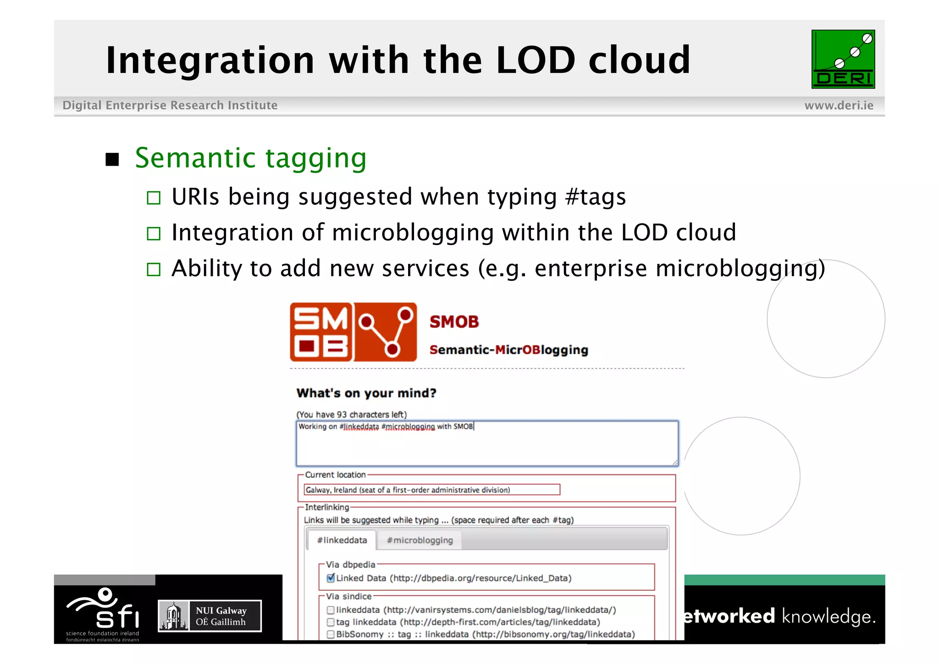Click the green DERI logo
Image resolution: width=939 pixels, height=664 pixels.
[843, 59]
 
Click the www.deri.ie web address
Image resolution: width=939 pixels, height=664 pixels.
[839, 106]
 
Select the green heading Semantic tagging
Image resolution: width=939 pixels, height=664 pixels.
[251, 158]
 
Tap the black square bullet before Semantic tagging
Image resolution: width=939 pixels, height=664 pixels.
[112, 160]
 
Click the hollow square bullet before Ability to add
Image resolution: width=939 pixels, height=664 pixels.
[154, 269]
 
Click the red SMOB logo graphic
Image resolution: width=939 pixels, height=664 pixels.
[353, 332]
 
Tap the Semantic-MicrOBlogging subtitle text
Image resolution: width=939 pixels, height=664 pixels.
[508, 350]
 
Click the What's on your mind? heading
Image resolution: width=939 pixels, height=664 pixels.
[366, 393]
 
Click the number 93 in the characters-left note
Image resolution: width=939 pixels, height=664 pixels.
[342, 415]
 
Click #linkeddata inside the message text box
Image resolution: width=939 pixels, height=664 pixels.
[359, 427]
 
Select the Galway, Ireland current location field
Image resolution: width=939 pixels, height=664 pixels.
[431, 490]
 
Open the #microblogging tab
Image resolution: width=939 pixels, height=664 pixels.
[420, 541]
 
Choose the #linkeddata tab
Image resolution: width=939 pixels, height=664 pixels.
[342, 541]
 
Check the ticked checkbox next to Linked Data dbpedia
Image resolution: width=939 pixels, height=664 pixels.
[331, 578]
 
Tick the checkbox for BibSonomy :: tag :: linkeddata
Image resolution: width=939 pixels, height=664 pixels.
[331, 635]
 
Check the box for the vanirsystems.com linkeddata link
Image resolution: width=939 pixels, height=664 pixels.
[331, 610]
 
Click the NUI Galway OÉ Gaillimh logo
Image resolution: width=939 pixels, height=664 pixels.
[210, 616]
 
